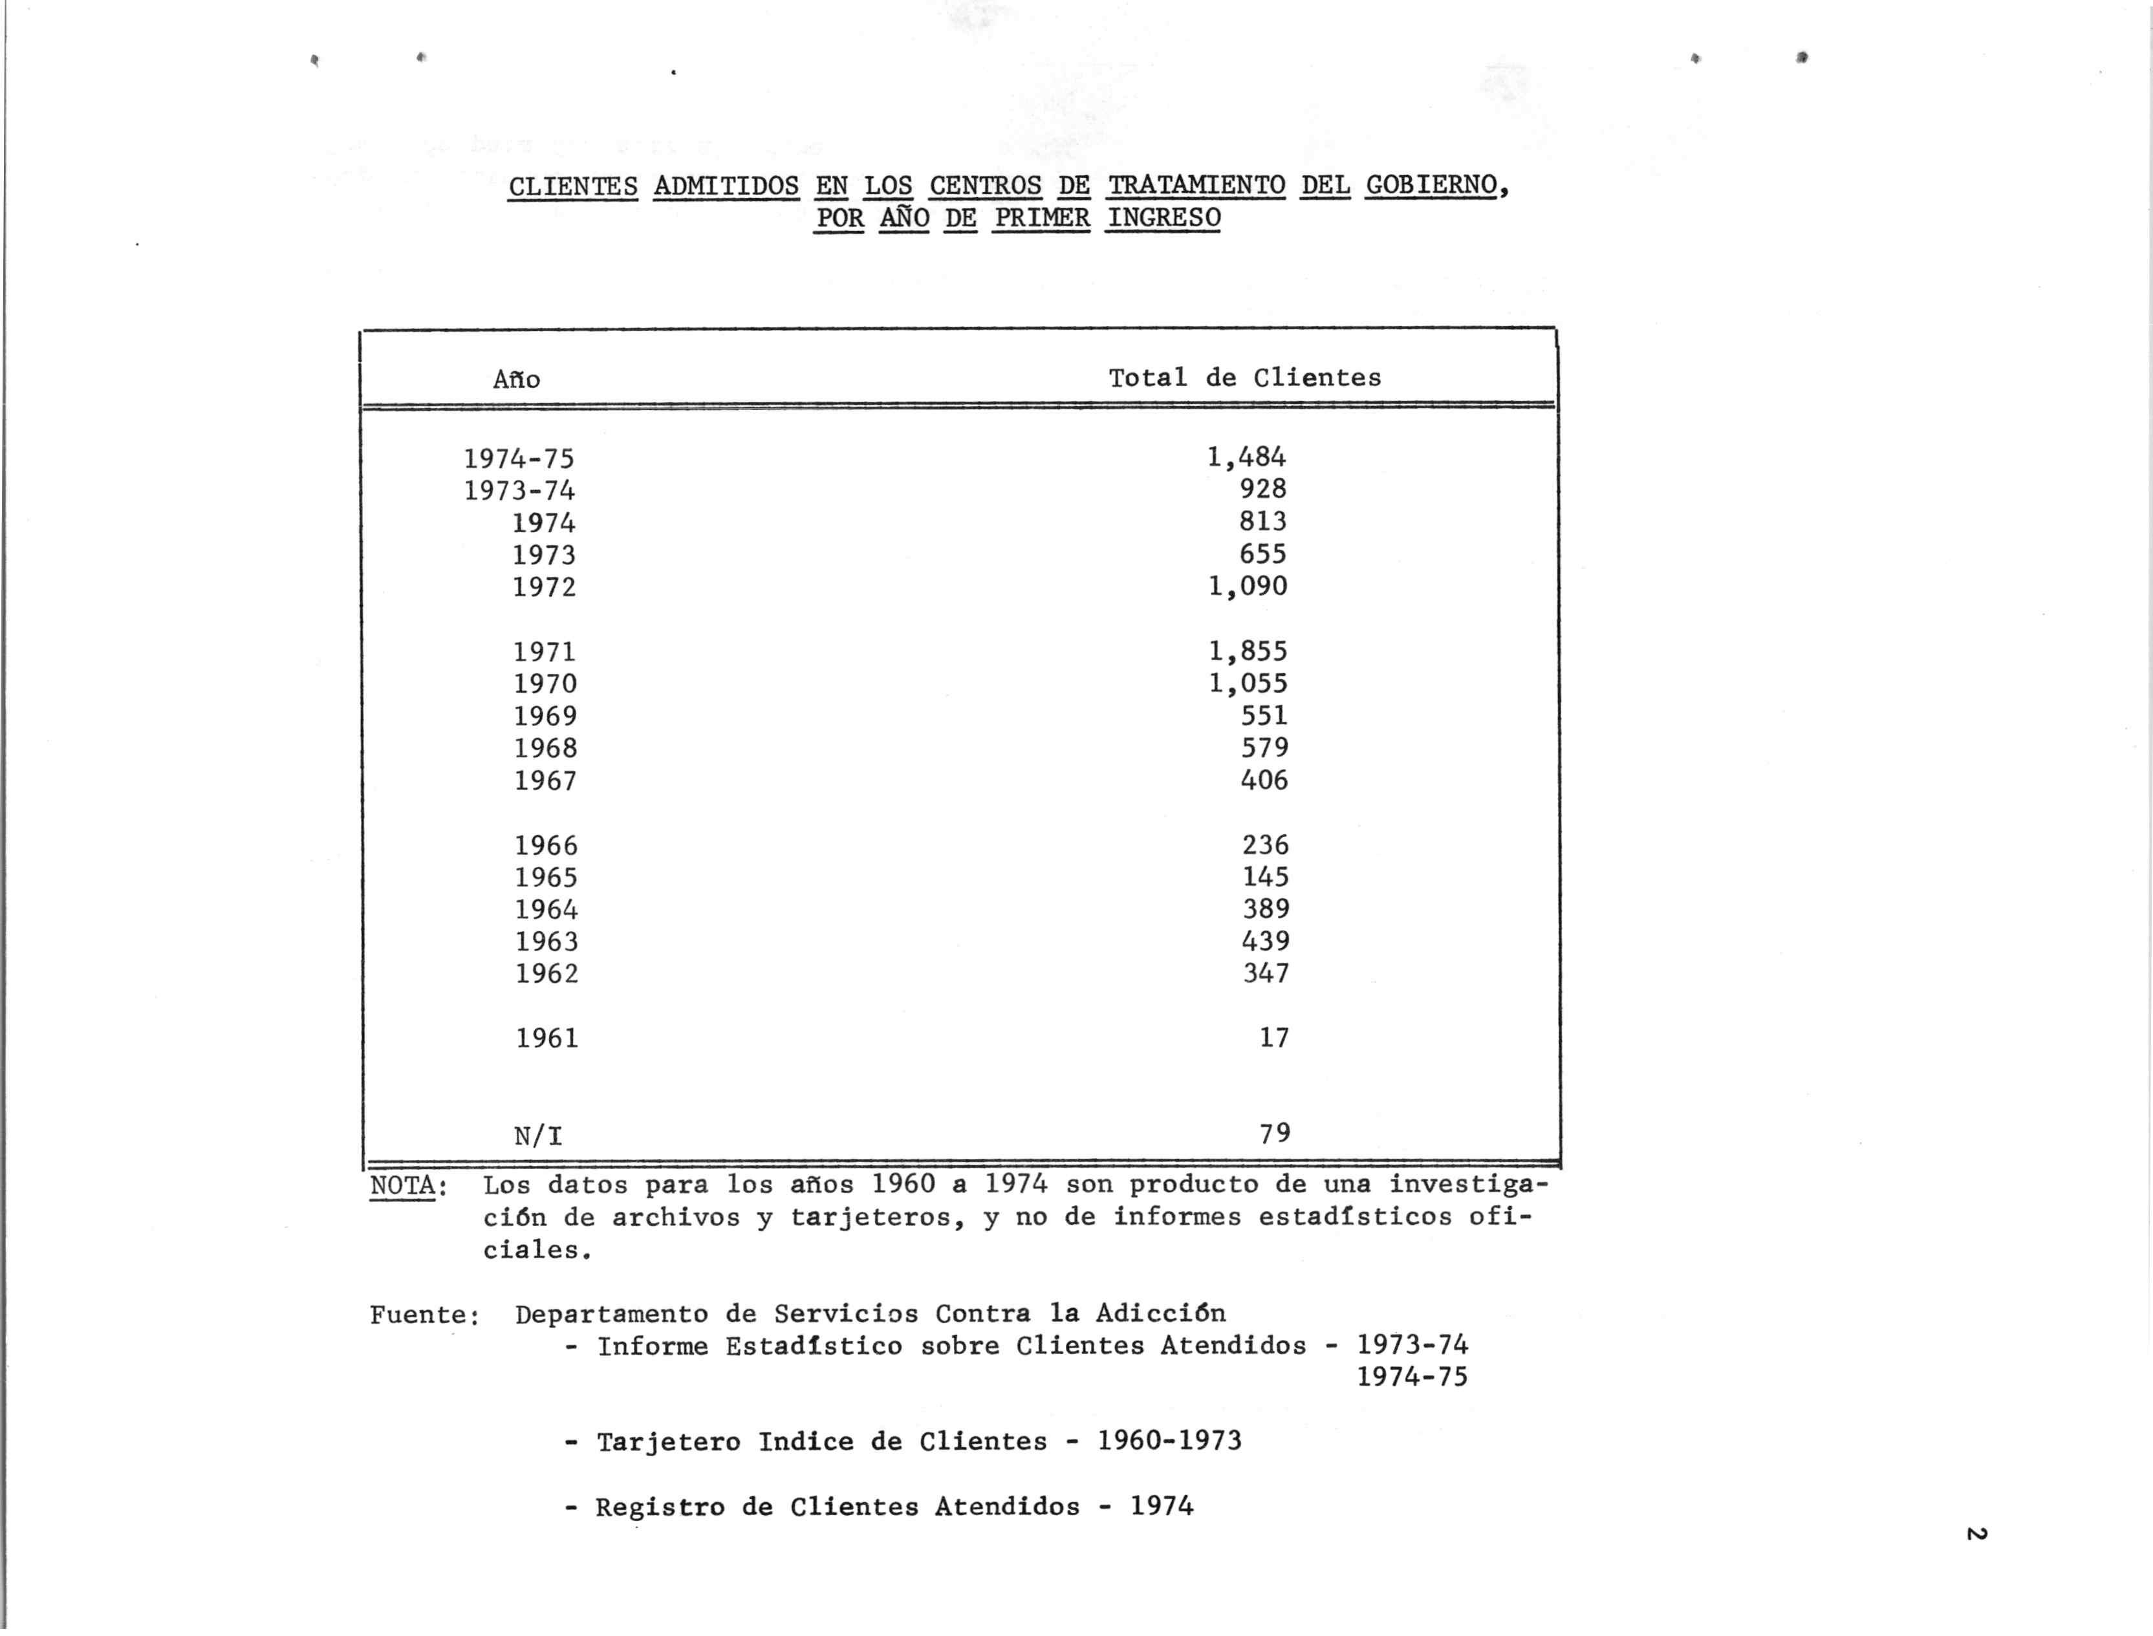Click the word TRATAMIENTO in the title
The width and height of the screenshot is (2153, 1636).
(1196, 185)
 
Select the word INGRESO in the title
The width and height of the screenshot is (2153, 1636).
(1163, 217)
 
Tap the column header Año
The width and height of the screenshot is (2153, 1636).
(516, 379)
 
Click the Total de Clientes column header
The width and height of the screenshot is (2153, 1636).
(1244, 378)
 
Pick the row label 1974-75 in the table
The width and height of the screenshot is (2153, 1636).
(519, 458)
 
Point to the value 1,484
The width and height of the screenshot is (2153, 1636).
(1246, 457)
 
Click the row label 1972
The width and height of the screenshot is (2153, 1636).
(545, 587)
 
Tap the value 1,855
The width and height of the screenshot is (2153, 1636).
(1248, 651)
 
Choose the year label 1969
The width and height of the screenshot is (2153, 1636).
(545, 716)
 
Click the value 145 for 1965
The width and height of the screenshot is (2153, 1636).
(1265, 876)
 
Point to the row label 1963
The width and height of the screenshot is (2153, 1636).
(546, 942)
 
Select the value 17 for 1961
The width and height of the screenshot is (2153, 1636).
(1273, 1038)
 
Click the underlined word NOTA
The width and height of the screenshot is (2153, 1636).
(403, 1186)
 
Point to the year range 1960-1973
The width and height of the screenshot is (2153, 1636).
(1169, 1441)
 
